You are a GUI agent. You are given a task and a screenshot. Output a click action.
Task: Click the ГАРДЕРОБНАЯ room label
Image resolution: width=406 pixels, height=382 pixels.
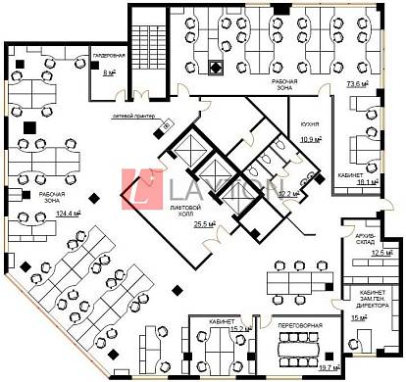click(x=109, y=55)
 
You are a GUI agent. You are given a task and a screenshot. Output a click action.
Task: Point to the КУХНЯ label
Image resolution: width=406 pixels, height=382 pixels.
click(x=311, y=126)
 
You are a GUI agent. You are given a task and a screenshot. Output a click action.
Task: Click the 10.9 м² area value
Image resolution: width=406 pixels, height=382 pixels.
click(x=311, y=139)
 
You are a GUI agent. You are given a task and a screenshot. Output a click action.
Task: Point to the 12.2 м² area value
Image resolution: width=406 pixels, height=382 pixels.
click(x=287, y=194)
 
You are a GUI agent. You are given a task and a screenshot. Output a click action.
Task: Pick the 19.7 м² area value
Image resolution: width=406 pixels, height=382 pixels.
click(x=326, y=367)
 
